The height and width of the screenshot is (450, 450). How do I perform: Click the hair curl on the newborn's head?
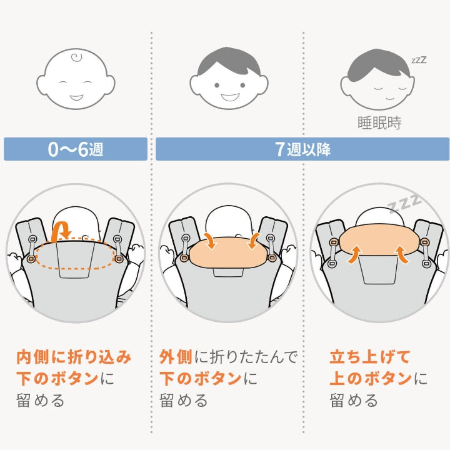pos(77,57)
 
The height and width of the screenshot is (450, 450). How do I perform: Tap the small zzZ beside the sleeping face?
pos(419,60)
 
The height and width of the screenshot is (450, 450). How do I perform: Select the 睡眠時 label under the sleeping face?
pos(379,123)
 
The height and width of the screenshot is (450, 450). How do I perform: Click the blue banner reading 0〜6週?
pos(76,149)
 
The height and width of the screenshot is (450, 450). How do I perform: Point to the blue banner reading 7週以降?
pos(302,149)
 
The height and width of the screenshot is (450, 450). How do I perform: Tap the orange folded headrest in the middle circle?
pos(229,252)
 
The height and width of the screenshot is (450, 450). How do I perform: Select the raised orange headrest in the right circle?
pos(379,239)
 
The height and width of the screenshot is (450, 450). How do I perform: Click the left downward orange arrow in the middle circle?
pos(211,241)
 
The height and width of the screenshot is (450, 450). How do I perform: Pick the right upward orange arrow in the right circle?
pos(402,254)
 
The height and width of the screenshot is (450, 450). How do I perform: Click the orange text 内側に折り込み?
pos(74,357)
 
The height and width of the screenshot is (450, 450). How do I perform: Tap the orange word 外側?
pos(176,357)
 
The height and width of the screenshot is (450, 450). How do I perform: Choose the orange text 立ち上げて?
pos(369,357)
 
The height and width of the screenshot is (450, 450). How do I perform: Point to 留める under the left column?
pos(40,401)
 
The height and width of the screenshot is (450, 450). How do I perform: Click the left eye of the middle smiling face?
pos(217,85)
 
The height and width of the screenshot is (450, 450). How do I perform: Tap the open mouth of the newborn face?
pos(77,97)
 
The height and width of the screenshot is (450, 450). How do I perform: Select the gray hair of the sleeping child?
pos(378,64)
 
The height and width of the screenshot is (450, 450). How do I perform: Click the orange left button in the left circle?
pos(31,259)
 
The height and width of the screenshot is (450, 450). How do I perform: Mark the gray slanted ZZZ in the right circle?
pos(404,203)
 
